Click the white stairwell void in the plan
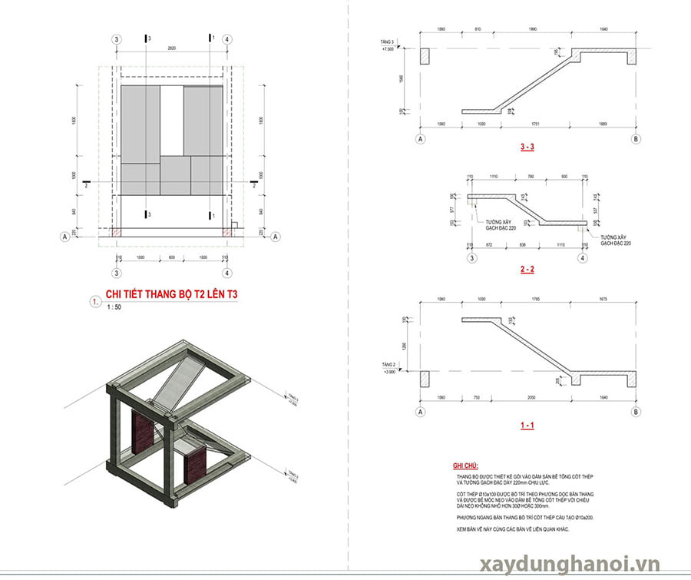pos(172,120)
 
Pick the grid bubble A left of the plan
pos(64,237)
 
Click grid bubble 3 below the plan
pos(117,273)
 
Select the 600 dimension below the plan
pos(172,257)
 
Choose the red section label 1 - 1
pos(527,424)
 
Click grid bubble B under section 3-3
pos(635,139)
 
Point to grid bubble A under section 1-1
pos(420,413)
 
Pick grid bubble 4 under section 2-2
pos(581,258)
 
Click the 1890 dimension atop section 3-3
pos(545,30)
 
